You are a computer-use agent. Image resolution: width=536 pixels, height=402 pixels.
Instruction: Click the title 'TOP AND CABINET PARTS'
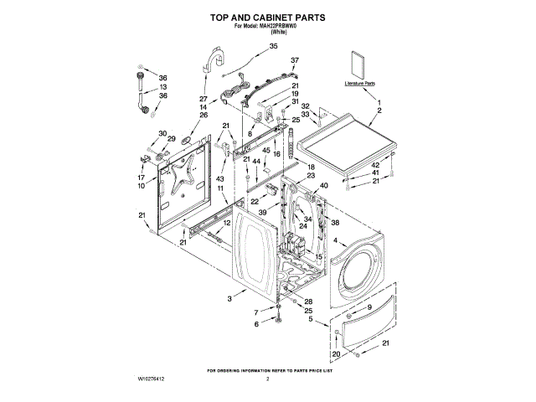pos(267,17)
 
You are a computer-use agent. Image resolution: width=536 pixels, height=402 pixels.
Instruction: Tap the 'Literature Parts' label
pos(359,85)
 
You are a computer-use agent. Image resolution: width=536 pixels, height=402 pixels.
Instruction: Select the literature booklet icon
pos(358,66)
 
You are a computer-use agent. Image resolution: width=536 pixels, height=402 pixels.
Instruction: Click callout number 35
pos(273,47)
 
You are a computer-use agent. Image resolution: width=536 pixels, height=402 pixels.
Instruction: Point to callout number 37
pos(294,61)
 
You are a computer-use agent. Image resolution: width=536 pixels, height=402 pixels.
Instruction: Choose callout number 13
pos(163,87)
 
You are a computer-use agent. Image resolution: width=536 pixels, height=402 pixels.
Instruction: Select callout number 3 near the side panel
pos(229,298)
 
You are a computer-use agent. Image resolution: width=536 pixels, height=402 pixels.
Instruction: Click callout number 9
pos(368,309)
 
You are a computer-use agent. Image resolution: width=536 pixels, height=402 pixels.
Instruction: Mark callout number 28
pos(307,301)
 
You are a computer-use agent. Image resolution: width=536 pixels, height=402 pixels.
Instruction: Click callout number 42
pos(376,165)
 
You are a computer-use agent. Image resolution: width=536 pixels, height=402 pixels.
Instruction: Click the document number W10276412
pos(147,379)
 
